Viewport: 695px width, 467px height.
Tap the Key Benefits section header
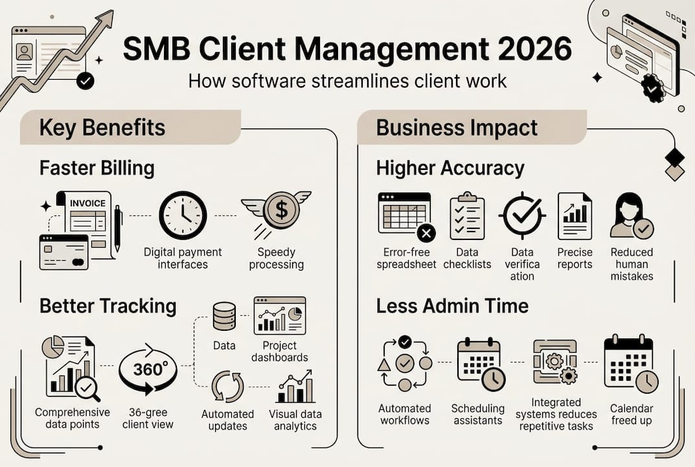(x=102, y=127)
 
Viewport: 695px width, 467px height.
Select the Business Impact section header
(x=457, y=127)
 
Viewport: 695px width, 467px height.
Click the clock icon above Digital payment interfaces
(x=183, y=215)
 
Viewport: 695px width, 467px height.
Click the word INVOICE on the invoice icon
(x=87, y=203)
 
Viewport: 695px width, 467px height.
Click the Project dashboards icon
(x=279, y=315)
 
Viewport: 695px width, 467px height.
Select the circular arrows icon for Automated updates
(x=227, y=387)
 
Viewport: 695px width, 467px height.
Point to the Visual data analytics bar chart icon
(x=295, y=387)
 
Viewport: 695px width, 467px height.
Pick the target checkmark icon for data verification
(x=522, y=216)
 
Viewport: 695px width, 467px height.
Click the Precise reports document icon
(x=575, y=217)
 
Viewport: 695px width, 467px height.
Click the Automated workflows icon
(x=404, y=363)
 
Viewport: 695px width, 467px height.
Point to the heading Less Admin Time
(x=452, y=305)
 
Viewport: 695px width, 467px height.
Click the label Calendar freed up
(x=631, y=414)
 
